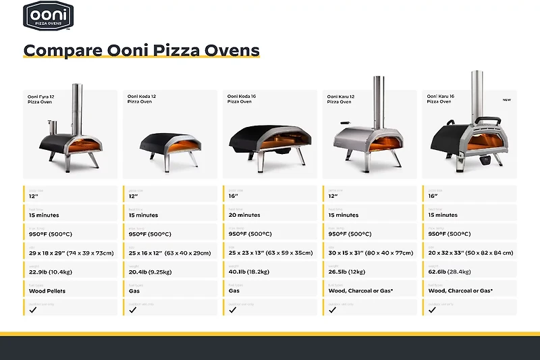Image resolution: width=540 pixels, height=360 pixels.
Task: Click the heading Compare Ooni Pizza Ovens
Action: pos(141,50)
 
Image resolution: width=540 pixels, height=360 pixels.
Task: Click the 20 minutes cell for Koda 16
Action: pos(244,215)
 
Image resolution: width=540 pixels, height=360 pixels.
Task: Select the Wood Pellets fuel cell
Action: pos(47,290)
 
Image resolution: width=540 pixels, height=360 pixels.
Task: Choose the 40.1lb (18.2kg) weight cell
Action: pos(249,272)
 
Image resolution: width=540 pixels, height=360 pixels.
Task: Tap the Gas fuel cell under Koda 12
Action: pos(134,290)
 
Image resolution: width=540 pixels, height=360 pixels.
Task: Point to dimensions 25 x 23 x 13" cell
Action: pos(271,253)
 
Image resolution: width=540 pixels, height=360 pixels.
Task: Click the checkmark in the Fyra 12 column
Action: pos(32,310)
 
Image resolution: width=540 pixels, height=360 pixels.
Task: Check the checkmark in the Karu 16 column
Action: pos(432,310)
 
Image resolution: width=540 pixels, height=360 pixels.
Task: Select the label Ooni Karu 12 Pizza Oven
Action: pos(340,99)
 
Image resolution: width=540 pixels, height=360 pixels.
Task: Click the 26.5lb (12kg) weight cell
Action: pos(347,272)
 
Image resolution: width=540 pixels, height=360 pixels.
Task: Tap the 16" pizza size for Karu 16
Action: pos(433,196)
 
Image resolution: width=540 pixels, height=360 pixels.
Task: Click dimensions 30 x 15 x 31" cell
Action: pos(371,253)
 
